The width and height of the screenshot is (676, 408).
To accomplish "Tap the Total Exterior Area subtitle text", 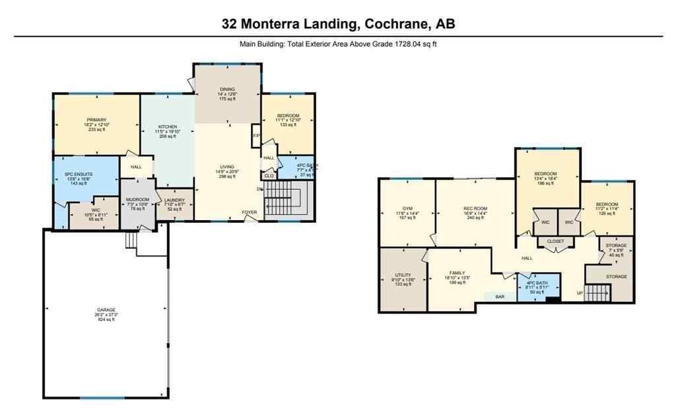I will pyautogui.click(x=338, y=45).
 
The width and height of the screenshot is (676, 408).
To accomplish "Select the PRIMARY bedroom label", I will pyautogui.click(x=96, y=120).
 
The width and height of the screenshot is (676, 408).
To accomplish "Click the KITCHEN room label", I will pyautogui.click(x=167, y=127).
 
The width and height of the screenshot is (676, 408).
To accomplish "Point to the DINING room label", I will pyautogui.click(x=227, y=89).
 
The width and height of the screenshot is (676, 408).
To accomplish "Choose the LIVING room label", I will pyautogui.click(x=227, y=167).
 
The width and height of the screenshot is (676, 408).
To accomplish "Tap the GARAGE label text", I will pyautogui.click(x=106, y=310).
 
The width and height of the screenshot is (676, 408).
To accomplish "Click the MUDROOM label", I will pyautogui.click(x=137, y=200).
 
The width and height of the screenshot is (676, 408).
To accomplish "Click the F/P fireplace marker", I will pyautogui.click(x=255, y=136).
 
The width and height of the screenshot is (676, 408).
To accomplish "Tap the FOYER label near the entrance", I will pyautogui.click(x=249, y=212).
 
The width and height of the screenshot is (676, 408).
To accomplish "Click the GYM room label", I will pyautogui.click(x=407, y=208).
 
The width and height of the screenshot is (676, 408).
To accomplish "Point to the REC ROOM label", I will pyautogui.click(x=475, y=208).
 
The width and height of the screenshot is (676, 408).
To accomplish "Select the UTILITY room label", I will pyautogui.click(x=403, y=275).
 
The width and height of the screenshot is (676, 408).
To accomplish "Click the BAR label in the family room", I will pyautogui.click(x=500, y=297).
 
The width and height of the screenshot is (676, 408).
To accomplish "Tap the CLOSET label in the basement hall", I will pyautogui.click(x=555, y=242).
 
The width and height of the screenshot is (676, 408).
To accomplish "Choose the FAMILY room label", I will pyautogui.click(x=457, y=273).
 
